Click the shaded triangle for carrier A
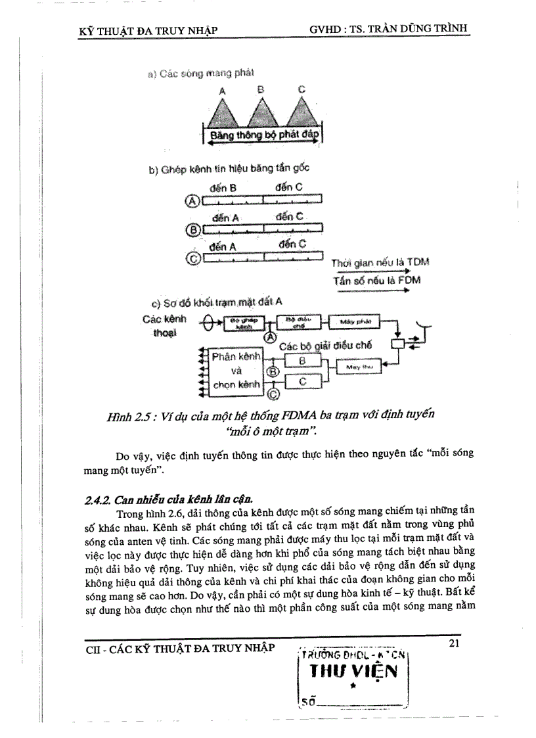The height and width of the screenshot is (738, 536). point(223,113)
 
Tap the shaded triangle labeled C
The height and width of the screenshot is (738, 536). point(301,113)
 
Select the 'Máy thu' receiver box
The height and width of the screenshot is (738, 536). point(359,367)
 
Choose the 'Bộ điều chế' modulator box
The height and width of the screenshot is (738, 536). point(299,321)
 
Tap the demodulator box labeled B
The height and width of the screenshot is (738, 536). point(302,361)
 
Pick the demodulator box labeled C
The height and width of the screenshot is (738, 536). point(302,381)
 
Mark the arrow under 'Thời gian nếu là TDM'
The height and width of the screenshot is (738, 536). point(371,270)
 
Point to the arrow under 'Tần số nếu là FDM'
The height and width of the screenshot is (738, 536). point(371,288)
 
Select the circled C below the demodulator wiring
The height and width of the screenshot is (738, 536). point(273,394)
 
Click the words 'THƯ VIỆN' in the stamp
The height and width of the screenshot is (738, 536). point(354,671)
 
